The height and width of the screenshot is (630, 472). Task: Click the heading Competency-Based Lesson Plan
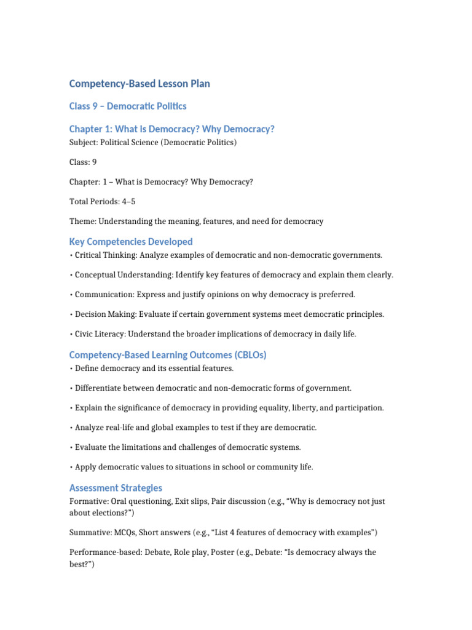point(140,84)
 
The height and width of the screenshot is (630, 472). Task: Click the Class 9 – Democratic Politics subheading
point(128,106)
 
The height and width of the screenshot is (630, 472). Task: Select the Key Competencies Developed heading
point(131,242)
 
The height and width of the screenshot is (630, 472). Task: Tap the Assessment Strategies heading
point(116,488)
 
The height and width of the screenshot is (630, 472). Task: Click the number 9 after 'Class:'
point(94,162)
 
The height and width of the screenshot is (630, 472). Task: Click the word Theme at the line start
point(82,221)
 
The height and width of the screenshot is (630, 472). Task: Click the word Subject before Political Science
point(84,143)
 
